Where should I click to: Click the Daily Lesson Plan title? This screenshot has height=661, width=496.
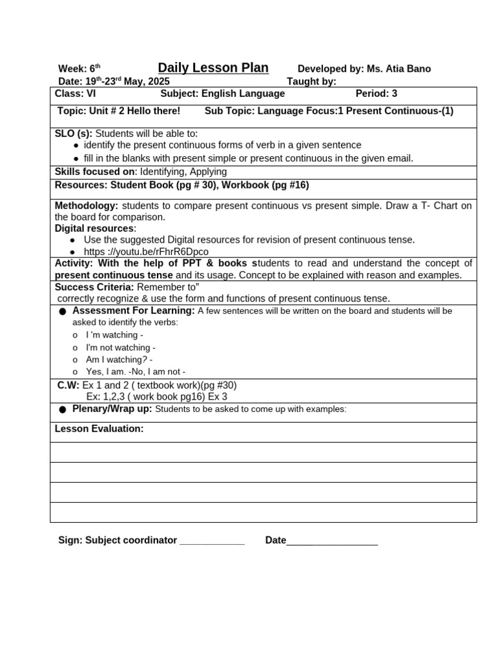[213, 68]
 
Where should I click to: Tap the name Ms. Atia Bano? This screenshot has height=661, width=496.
[398, 69]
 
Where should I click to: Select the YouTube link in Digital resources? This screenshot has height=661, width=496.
[146, 252]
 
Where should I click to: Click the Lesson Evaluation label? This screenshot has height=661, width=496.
[99, 429]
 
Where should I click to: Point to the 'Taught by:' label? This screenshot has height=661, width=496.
[311, 81]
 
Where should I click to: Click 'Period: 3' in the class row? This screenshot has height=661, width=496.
[376, 94]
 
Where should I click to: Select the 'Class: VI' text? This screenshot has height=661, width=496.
[76, 94]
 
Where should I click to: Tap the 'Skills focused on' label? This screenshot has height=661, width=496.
[96, 172]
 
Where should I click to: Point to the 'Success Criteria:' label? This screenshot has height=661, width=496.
[94, 287]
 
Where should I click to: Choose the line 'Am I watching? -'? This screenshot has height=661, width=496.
[119, 360]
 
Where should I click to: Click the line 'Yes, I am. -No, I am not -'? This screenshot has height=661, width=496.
[136, 372]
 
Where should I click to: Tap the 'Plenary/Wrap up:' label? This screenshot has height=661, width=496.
[112, 409]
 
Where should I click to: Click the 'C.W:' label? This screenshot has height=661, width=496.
[68, 385]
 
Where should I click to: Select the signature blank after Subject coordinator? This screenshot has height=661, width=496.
[212, 541]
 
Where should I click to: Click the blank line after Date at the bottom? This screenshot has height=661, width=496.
[332, 541]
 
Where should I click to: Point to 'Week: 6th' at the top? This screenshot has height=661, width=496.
[79, 69]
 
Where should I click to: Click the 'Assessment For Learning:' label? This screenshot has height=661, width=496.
[134, 310]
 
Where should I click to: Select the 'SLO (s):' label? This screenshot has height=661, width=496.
[74, 134]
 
